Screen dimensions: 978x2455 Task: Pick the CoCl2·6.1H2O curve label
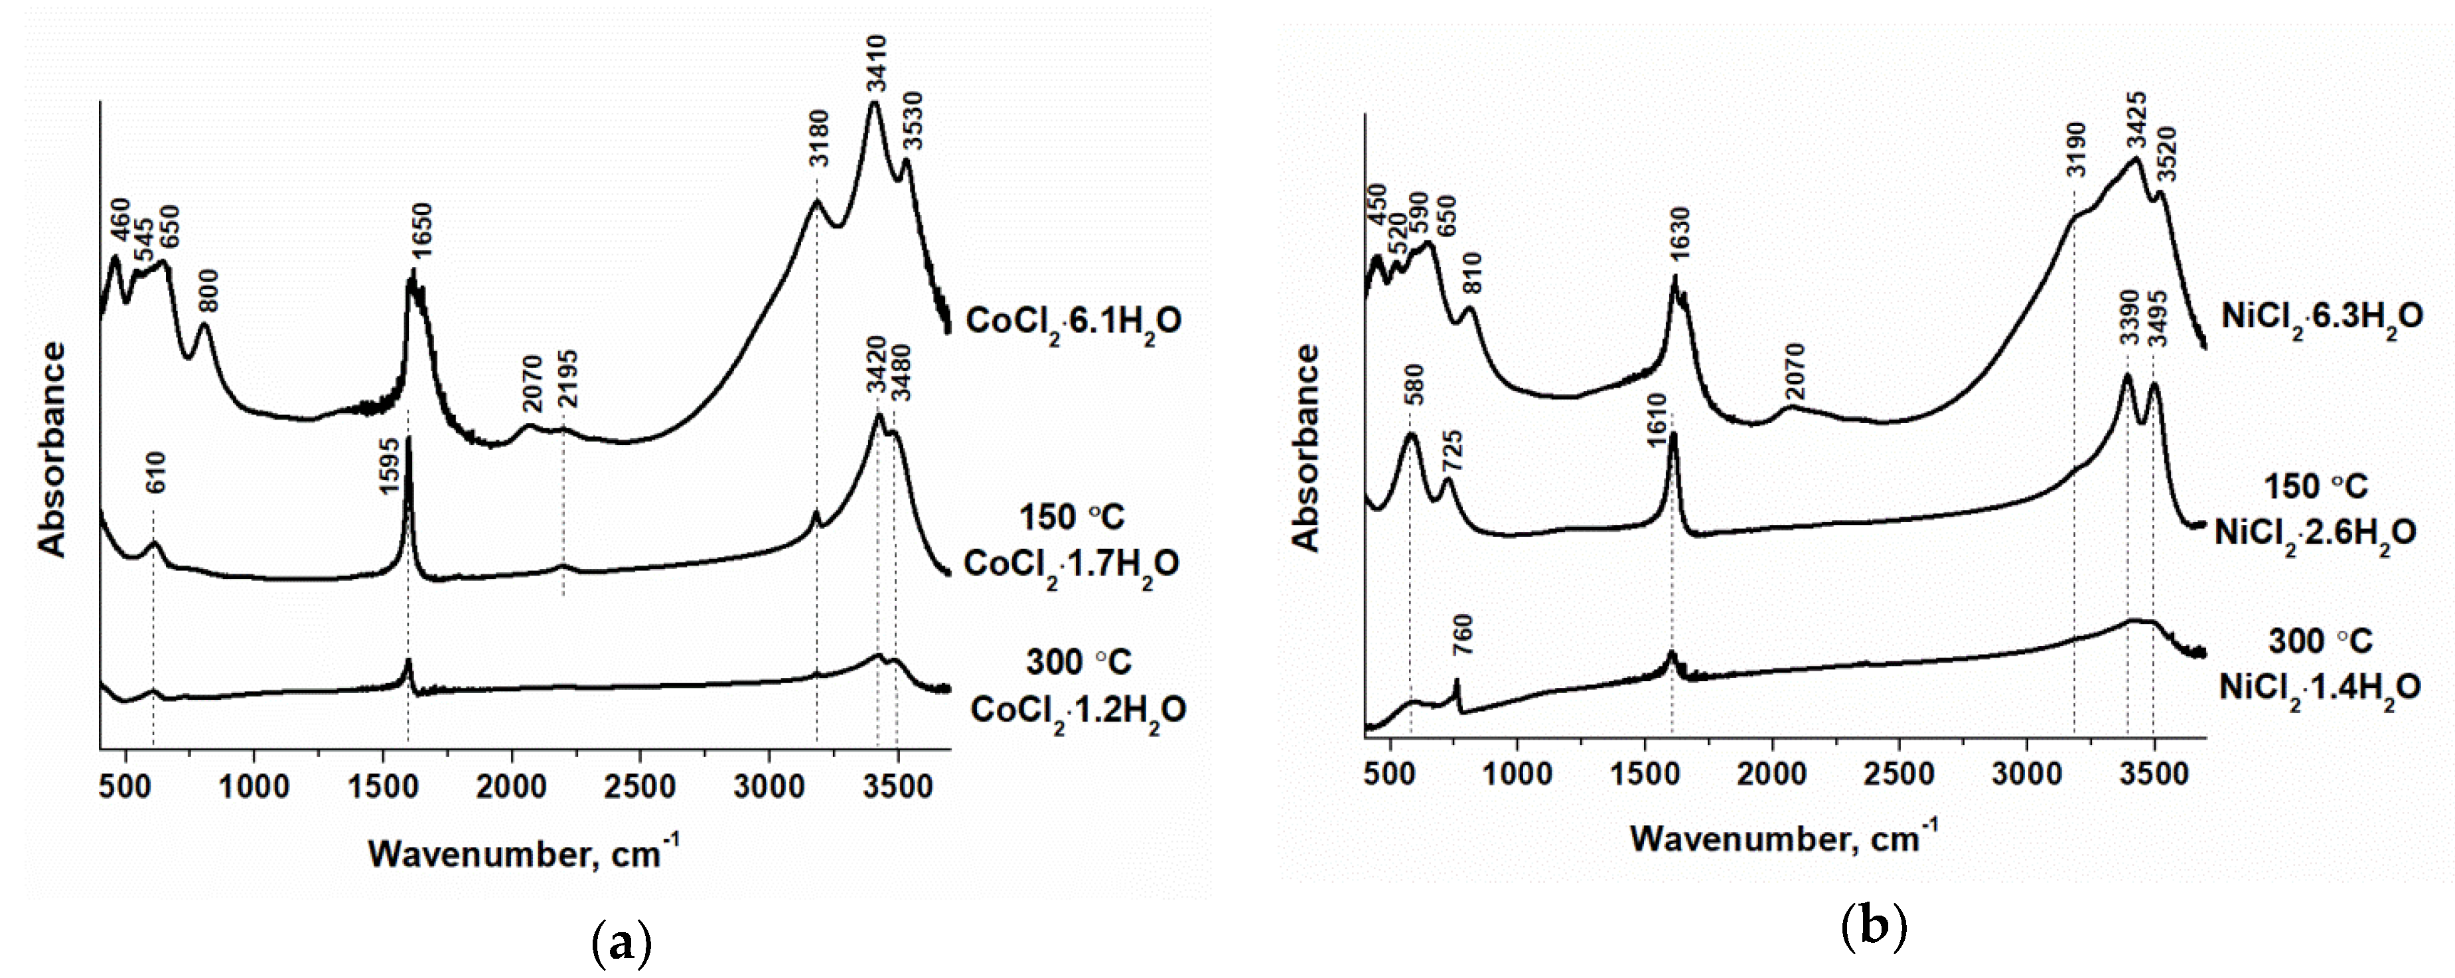[x=1074, y=322]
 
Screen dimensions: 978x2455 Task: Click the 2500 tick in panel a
[x=640, y=787]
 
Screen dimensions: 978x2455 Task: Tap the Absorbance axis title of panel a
[x=52, y=448]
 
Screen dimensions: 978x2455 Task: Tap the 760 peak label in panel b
[x=1462, y=635]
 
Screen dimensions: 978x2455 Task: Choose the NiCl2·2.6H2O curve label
[x=2315, y=532]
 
